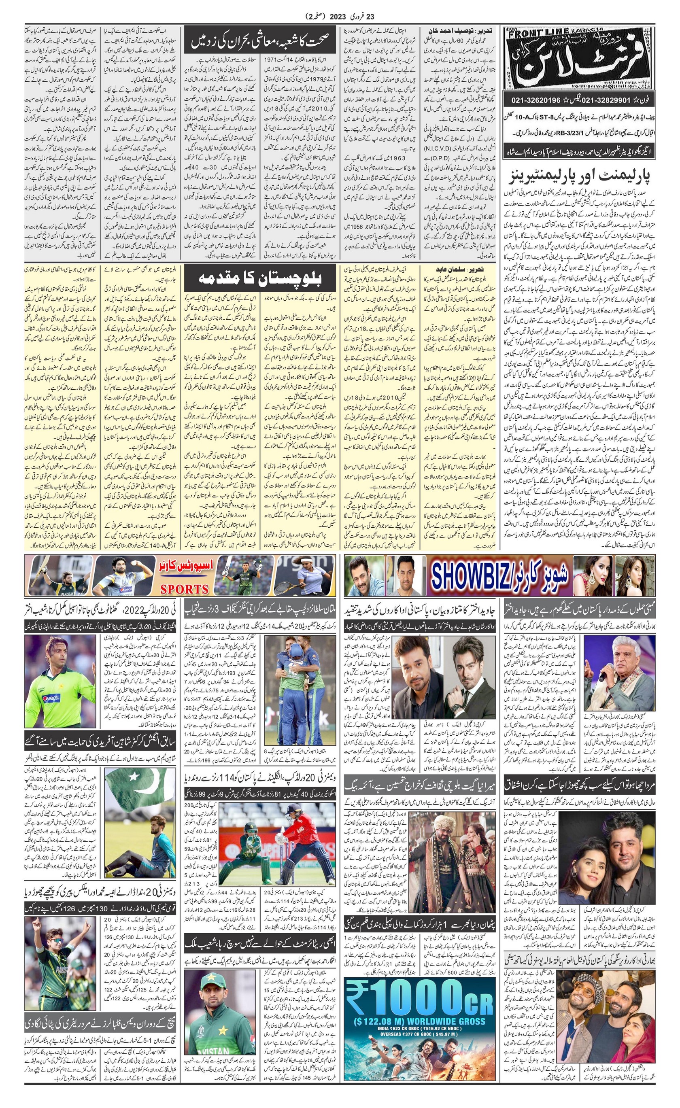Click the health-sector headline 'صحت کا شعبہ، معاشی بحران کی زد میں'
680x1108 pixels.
click(260, 41)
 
